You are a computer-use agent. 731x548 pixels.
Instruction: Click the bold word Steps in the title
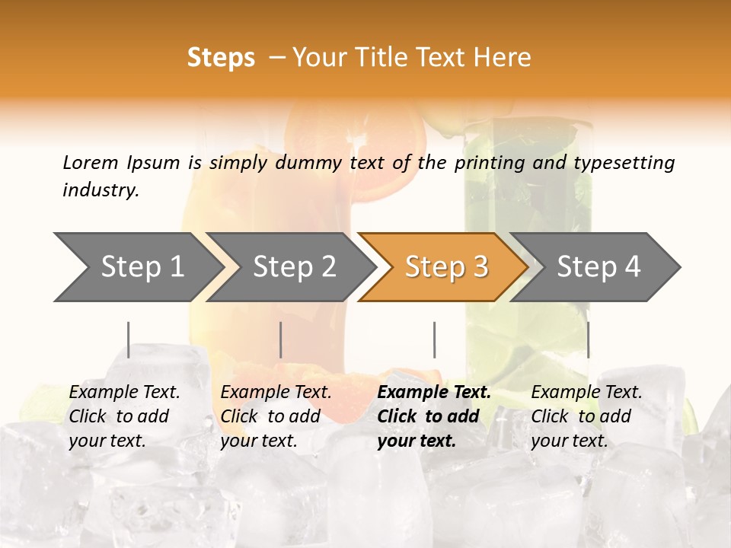tap(221, 57)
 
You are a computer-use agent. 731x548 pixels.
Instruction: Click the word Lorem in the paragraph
tap(90, 162)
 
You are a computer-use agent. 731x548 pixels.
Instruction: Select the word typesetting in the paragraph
tap(624, 162)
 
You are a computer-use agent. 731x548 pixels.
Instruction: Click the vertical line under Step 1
tap(129, 339)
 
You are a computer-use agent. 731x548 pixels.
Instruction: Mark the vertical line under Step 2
tap(281, 339)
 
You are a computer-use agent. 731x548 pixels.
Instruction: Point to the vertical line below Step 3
tap(434, 339)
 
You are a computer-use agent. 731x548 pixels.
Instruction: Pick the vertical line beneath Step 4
tap(588, 339)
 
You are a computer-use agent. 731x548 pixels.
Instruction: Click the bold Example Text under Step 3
tap(434, 393)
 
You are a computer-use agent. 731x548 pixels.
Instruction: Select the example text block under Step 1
tap(124, 416)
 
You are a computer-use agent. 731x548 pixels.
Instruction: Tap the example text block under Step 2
tap(276, 416)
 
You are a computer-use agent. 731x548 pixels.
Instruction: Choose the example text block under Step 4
tap(586, 416)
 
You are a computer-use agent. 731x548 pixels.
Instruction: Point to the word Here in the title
tap(503, 57)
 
